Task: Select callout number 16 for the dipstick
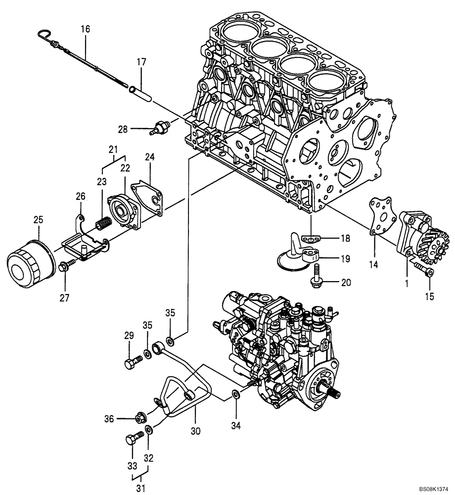pyautogui.click(x=85, y=29)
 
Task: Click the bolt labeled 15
pyautogui.click(x=424, y=269)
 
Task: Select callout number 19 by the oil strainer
pyautogui.click(x=345, y=258)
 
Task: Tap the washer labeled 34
pyautogui.click(x=236, y=395)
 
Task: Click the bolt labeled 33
pyautogui.click(x=133, y=438)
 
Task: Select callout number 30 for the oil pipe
pyautogui.click(x=195, y=431)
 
